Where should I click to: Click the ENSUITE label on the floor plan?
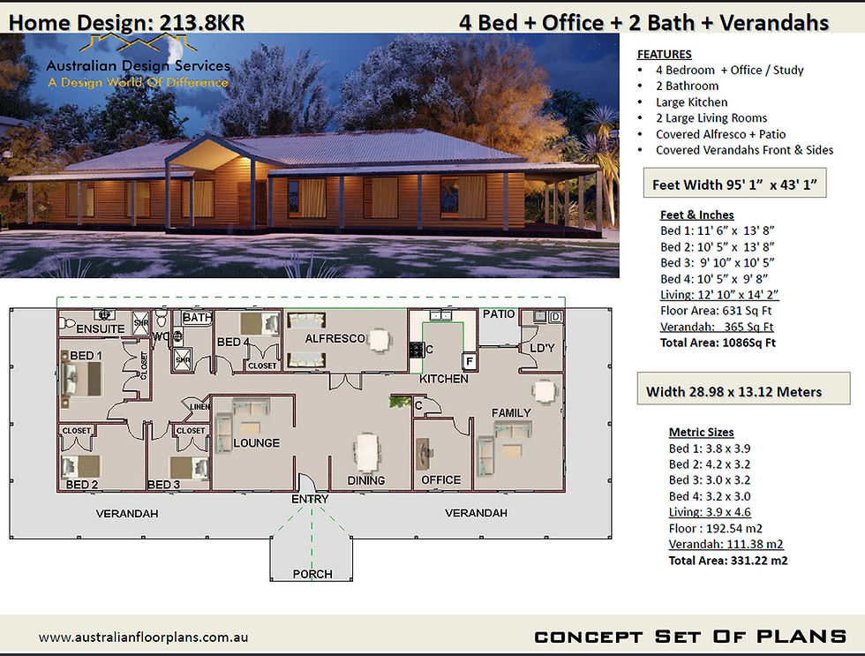coord(101,328)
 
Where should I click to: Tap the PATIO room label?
coord(499,314)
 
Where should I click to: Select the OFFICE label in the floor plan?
coord(440,480)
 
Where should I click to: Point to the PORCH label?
coord(312,574)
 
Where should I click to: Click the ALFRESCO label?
coord(335,338)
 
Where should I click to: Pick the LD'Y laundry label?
coord(542,348)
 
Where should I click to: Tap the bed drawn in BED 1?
coord(81,379)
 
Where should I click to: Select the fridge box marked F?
coord(469,361)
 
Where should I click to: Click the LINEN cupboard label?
coord(199,407)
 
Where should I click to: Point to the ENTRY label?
coord(310,499)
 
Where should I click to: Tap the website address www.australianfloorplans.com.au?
coord(143,637)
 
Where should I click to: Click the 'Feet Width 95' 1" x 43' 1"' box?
coord(734,184)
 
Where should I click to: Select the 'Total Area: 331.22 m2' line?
coord(728,561)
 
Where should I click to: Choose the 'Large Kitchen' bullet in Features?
coord(692,102)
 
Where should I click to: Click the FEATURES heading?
coord(664,54)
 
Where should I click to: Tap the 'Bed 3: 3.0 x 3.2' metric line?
coord(710,480)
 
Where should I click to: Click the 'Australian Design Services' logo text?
coord(138,65)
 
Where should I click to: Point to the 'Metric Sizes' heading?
coord(701,432)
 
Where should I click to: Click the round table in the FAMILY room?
coord(544,392)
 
